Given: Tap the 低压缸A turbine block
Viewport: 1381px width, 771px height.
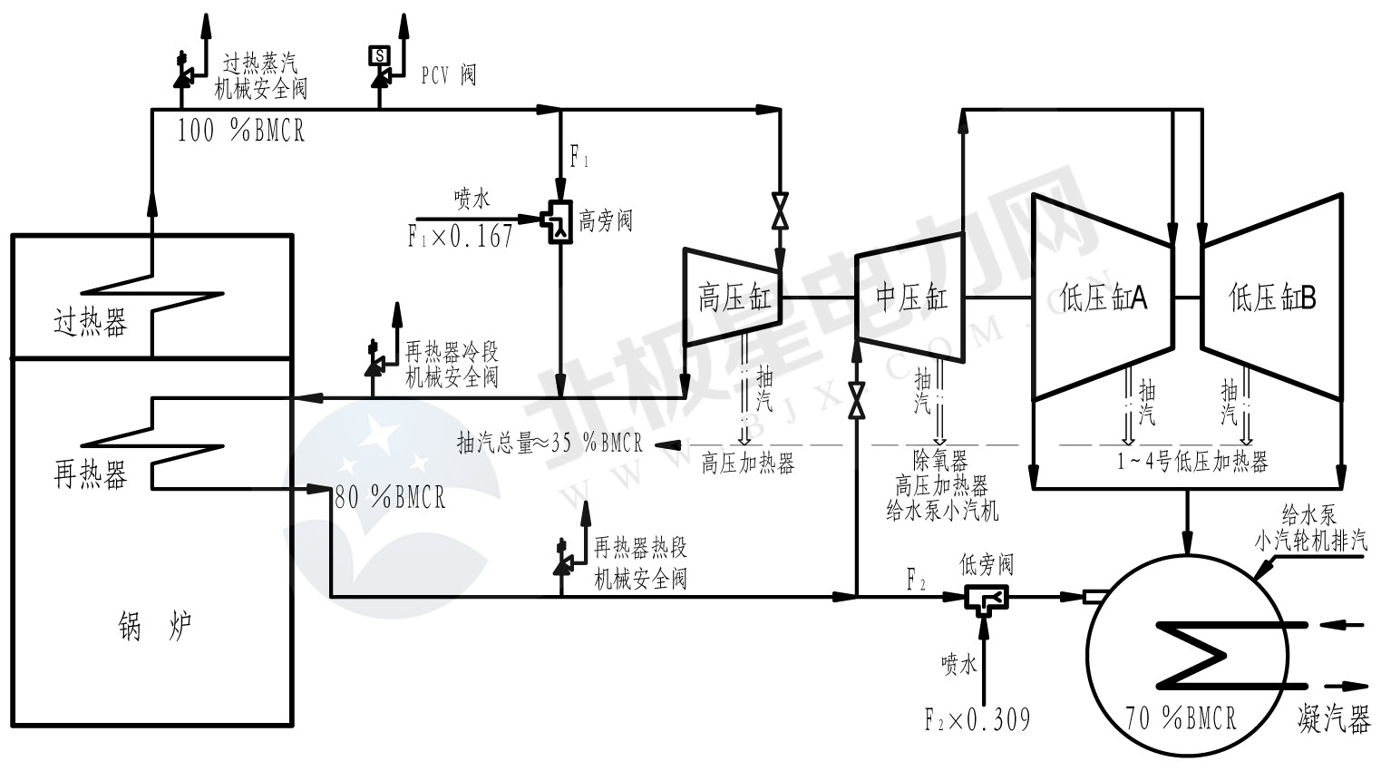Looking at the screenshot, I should coord(1103,298).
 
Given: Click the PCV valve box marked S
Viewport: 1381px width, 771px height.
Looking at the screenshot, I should coord(379,55).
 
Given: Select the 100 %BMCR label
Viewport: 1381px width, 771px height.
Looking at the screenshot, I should coord(240,132).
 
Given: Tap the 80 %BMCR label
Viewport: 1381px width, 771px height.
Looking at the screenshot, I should coord(390,497).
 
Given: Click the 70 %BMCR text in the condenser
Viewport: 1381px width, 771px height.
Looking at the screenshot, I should coord(1181,718).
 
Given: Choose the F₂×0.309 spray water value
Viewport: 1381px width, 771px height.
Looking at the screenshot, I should coord(977,720).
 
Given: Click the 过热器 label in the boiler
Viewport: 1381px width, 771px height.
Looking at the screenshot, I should coord(91,323).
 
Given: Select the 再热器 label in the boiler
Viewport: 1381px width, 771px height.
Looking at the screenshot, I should coord(91,474).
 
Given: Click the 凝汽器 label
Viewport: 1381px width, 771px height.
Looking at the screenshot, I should coord(1333,720).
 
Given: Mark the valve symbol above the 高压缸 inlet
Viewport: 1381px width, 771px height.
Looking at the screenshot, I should coord(778,211).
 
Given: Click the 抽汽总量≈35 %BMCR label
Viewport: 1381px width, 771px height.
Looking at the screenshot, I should coord(549,444).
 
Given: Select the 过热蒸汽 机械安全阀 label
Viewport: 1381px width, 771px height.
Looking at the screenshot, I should coord(260,75).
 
